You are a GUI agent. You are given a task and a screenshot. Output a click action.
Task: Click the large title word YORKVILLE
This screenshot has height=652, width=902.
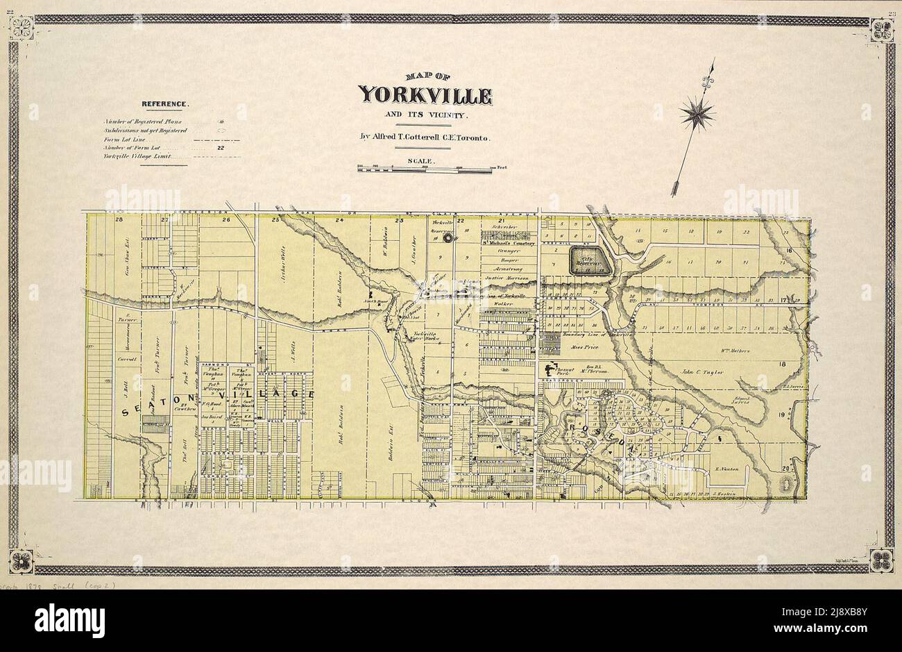point(425,96)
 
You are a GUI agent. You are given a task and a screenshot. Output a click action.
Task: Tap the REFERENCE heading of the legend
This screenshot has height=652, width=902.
point(164,104)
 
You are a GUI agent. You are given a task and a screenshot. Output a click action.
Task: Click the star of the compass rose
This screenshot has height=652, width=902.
point(697,112)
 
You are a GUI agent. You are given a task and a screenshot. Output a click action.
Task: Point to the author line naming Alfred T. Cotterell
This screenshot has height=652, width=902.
point(425,137)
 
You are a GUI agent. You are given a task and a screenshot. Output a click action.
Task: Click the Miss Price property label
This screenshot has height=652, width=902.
point(584,346)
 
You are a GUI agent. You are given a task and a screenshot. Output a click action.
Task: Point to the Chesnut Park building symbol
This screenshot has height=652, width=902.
point(553,371)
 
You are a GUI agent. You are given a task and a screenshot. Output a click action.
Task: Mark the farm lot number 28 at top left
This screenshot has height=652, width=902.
point(119,220)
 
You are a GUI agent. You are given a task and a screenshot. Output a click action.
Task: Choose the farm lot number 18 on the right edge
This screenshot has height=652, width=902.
point(783,364)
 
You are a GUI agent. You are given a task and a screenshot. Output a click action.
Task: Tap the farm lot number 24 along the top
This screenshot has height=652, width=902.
point(340,220)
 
